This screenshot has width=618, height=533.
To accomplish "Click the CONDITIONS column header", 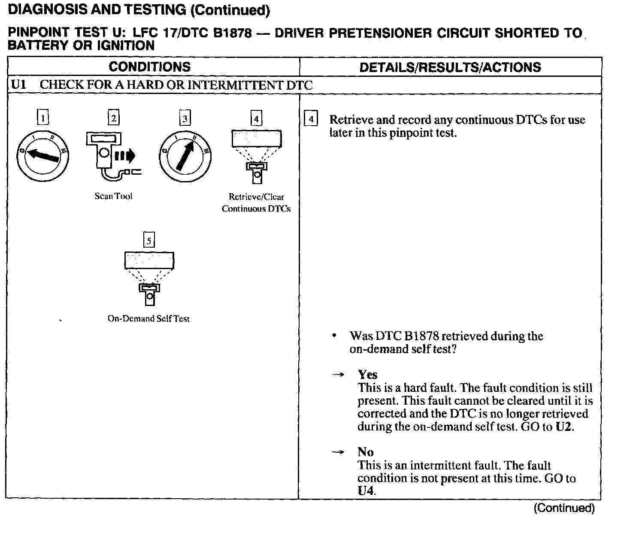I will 150,67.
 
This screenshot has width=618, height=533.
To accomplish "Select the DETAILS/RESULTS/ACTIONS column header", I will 450,67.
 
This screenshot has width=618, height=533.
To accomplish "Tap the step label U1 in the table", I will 18,85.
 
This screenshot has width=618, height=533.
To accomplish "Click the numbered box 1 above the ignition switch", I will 43,118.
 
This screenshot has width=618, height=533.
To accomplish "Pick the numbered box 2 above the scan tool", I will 113,118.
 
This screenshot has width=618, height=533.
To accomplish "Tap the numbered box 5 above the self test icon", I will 149,240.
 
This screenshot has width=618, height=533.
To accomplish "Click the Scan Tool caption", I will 113,196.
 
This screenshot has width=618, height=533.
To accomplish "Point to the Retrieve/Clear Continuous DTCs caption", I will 256,203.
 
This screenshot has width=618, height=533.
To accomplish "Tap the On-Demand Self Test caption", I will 148,319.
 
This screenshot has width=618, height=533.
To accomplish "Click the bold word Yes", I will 367,375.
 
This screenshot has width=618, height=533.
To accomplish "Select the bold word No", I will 366,452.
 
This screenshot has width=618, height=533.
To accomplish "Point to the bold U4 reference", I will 366,491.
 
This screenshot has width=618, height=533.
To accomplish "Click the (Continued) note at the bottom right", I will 564,509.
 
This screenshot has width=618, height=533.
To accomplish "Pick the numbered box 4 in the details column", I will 311,119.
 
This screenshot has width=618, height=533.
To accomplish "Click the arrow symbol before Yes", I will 338,375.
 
